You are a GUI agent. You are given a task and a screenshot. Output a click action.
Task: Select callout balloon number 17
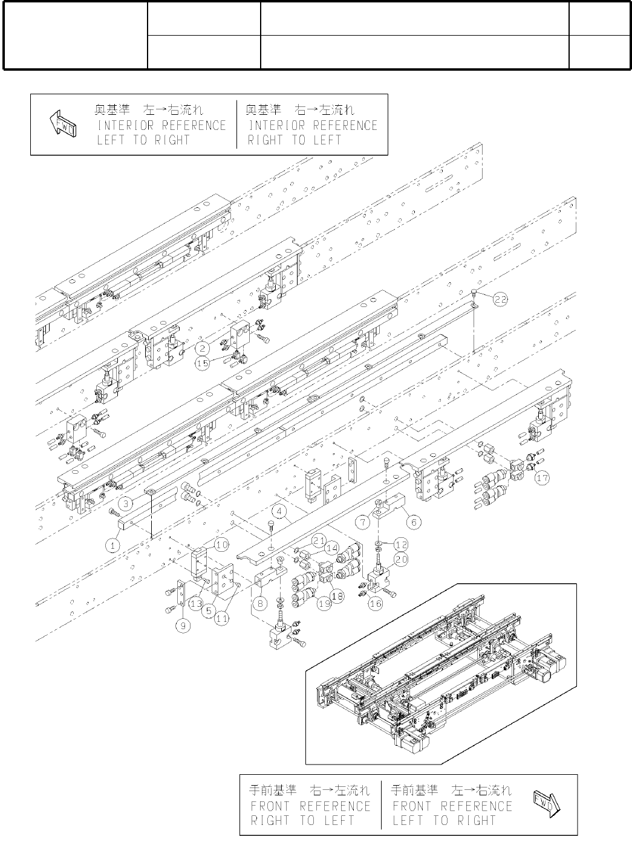(x=542, y=477)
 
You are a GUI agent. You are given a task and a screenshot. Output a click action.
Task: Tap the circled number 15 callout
(x=203, y=363)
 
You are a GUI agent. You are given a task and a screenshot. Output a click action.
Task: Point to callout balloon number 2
(x=202, y=348)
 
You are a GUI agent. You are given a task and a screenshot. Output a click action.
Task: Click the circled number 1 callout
(x=112, y=545)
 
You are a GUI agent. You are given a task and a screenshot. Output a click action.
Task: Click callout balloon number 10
(x=221, y=545)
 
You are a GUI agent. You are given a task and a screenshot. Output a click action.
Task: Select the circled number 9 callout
(x=183, y=627)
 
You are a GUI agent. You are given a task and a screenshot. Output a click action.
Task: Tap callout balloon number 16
(x=375, y=603)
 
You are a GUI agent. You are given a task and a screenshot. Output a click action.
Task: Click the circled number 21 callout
(x=319, y=540)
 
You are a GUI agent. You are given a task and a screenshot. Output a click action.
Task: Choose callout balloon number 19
(x=324, y=603)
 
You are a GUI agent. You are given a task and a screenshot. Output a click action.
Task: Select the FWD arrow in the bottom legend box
(x=547, y=805)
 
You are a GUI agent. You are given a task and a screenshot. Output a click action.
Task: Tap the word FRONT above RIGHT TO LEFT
(x=270, y=806)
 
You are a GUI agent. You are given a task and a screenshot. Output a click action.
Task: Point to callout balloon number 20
(x=401, y=560)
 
